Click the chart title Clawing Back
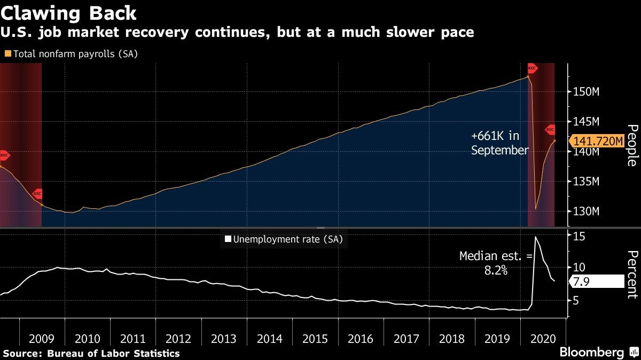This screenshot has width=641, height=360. coord(69,12)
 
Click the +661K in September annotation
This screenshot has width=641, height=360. coord(499,143)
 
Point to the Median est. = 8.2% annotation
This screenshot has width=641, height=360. coord(496,263)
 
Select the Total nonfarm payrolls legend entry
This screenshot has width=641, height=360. coord(72,54)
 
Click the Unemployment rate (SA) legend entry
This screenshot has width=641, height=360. coord(284,239)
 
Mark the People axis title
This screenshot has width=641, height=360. coord(631,145)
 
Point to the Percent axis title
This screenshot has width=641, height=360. coord(631,274)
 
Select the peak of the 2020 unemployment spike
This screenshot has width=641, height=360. coord(535,236)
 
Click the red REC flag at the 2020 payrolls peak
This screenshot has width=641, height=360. coord(532,68)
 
